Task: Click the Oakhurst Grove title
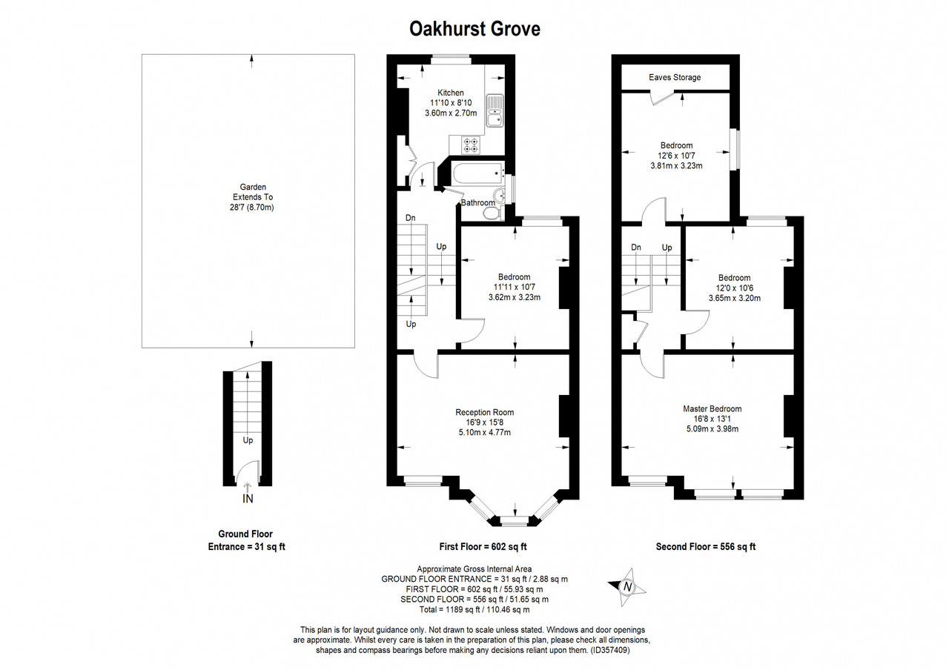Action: (474, 29)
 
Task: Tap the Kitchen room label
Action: (450, 93)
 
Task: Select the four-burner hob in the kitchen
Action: (471, 145)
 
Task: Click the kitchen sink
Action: (495, 110)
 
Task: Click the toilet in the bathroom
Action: (492, 214)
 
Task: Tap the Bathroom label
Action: (478, 202)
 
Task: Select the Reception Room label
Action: (485, 412)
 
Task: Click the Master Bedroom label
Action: (712, 408)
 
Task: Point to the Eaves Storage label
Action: (675, 77)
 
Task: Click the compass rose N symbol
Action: (627, 587)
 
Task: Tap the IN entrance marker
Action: (248, 499)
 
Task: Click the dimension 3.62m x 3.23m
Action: (515, 297)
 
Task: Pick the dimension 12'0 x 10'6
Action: (735, 288)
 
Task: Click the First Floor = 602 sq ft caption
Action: (483, 547)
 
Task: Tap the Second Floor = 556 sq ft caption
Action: (706, 547)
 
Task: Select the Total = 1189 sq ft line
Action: (474, 609)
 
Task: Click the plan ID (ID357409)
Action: (610, 650)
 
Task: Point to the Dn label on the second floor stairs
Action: (635, 248)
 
